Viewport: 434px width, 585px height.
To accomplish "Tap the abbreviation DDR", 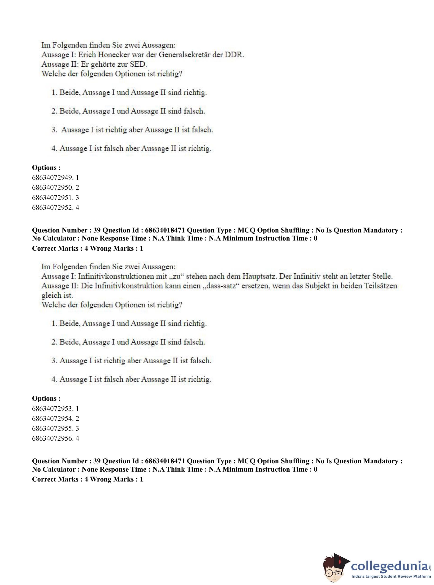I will (x=234, y=55).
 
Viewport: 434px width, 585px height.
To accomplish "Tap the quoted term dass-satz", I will (x=220, y=286).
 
